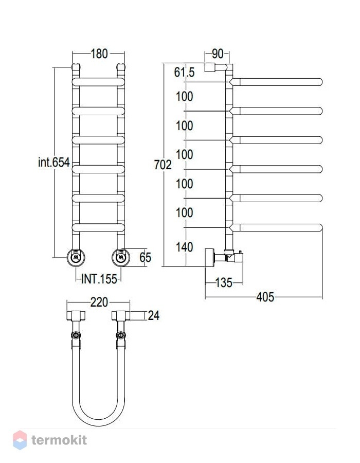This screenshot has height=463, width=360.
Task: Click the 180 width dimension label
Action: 99,54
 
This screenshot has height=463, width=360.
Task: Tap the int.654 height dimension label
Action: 54,162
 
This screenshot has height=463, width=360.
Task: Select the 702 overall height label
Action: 163,165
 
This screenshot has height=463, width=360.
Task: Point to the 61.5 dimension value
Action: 185,72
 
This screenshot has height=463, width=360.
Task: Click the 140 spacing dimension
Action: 185,247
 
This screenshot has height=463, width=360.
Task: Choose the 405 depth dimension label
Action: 265,297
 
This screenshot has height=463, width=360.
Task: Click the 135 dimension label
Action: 224,282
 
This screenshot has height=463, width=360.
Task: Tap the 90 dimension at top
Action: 218,54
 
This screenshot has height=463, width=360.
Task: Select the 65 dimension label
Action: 145,257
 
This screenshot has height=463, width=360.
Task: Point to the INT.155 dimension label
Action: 99,279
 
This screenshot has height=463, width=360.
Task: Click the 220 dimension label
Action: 99,302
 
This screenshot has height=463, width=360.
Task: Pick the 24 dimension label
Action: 153,315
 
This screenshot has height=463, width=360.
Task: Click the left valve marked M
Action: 76,258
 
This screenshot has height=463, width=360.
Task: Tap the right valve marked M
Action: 121,258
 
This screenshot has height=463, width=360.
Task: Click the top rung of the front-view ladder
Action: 99,82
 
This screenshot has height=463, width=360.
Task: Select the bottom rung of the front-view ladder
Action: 99,228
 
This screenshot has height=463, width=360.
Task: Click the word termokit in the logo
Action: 59,440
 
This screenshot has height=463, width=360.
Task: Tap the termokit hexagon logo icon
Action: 20,440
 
